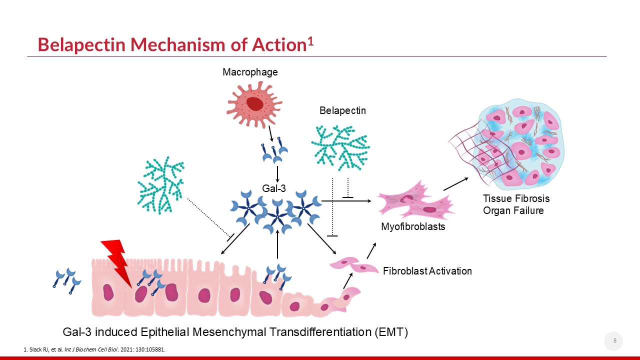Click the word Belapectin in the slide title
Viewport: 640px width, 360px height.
pyautogui.click(x=81, y=45)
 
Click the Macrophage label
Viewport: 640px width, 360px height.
pyautogui.click(x=250, y=72)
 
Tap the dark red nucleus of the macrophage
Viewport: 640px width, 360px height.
pyautogui.click(x=254, y=103)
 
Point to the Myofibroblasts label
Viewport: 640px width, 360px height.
pyautogui.click(x=413, y=227)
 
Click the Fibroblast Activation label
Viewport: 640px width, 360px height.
pyautogui.click(x=427, y=271)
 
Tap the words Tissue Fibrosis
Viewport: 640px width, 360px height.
pyautogui.click(x=516, y=199)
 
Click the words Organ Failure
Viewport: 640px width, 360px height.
pyautogui.click(x=513, y=210)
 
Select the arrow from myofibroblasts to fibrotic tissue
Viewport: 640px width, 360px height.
pyautogui.click(x=455, y=184)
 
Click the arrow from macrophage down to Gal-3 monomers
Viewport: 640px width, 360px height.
pyautogui.click(x=270, y=133)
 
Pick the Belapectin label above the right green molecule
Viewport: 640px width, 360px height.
pyautogui.click(x=342, y=111)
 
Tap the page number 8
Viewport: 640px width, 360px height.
pyautogui.click(x=614, y=341)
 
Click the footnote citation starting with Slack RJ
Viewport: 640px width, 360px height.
pyautogui.click(x=94, y=349)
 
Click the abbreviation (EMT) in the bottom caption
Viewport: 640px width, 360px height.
pyautogui.click(x=388, y=331)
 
